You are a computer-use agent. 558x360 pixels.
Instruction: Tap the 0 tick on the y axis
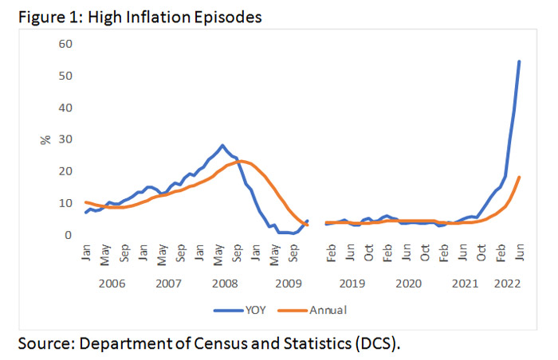[70, 235]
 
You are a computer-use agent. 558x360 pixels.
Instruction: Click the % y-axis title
[45, 139]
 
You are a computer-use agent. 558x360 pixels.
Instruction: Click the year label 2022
[506, 284]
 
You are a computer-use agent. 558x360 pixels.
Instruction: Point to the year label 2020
[408, 284]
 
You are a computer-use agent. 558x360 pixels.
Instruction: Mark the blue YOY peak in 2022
[520, 61]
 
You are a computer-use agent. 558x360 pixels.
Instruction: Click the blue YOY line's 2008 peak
[222, 146]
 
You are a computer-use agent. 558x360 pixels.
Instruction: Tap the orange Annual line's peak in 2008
[241, 162]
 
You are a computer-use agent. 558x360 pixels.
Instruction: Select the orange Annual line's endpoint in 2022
[520, 178]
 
